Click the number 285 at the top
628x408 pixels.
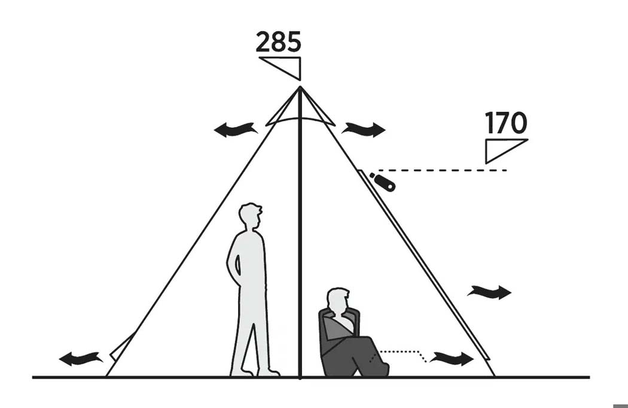[278, 42]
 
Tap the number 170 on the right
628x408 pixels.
[505, 123]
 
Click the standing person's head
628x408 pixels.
[251, 216]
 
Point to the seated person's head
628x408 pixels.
[338, 300]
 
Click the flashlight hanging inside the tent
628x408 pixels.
[383, 182]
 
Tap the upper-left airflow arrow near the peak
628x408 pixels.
[236, 130]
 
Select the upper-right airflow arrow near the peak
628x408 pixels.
[363, 129]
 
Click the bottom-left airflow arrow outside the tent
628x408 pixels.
[81, 358]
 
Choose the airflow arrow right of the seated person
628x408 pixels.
[452, 358]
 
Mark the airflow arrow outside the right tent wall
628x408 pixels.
[489, 292]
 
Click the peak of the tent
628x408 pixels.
[300, 87]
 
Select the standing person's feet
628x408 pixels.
[255, 372]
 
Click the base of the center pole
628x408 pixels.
[300, 376]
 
